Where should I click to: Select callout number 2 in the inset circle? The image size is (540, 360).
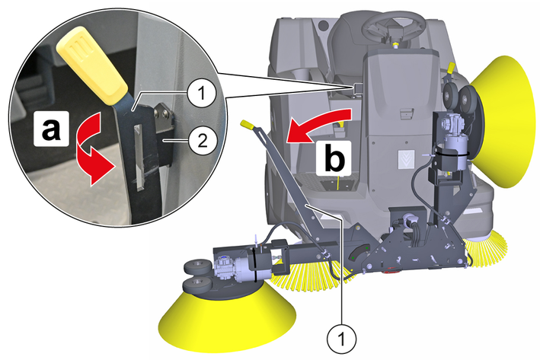(x=201, y=140)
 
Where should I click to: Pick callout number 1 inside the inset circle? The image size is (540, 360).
(x=200, y=94)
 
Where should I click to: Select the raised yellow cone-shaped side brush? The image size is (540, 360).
(x=505, y=120)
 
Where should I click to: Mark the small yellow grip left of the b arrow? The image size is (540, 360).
(x=248, y=125)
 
